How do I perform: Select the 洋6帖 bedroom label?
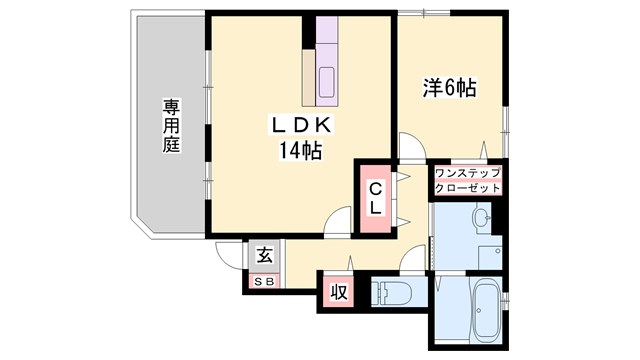(447, 88)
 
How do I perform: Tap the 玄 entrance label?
(264, 256)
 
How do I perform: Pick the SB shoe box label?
(264, 281)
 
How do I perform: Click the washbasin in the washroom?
(481, 217)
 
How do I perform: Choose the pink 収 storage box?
(338, 293)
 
